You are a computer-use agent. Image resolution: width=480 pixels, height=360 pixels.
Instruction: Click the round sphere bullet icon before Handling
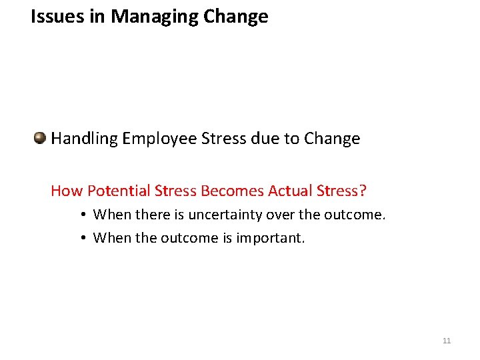pos(40,138)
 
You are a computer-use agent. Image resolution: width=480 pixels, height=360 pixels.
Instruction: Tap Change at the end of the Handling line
pos(331,139)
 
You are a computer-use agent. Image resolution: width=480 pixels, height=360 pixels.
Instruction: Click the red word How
pos(67,191)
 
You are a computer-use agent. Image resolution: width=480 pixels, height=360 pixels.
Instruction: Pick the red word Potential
pos(118,191)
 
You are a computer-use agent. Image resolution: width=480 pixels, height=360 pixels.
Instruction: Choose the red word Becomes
pos(231,191)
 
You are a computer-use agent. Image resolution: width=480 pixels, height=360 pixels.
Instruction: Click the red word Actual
pos(290,191)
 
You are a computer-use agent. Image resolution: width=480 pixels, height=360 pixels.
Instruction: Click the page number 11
pos(446,341)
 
